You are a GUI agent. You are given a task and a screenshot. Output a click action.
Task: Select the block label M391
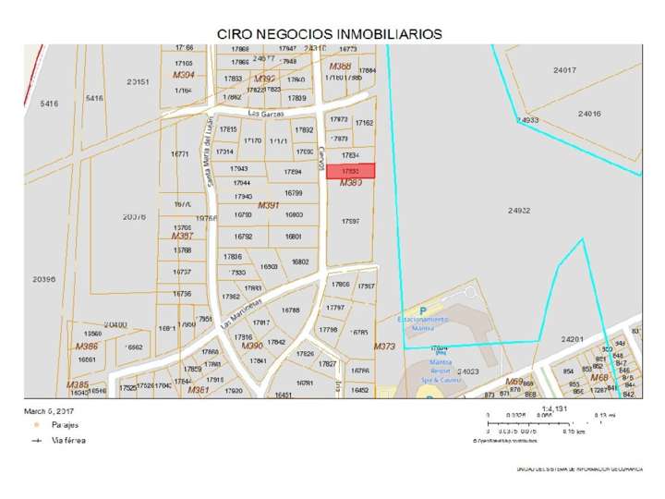269,204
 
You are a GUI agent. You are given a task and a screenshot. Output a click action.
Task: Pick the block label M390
252,371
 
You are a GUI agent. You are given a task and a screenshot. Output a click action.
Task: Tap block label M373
384,346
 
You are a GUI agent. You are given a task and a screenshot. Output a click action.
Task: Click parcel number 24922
519,211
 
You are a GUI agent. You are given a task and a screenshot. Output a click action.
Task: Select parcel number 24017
564,70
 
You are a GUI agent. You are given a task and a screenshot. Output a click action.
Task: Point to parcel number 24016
589,113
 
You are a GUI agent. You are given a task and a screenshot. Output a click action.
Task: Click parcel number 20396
43,278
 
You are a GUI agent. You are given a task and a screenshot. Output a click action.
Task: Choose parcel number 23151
139,81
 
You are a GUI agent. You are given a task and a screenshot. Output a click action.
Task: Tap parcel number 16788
291,310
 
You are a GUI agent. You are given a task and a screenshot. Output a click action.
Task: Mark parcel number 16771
181,154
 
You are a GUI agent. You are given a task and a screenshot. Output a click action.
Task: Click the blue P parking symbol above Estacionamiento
422,310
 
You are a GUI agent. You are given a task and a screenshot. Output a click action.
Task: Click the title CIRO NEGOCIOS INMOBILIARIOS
329,32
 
